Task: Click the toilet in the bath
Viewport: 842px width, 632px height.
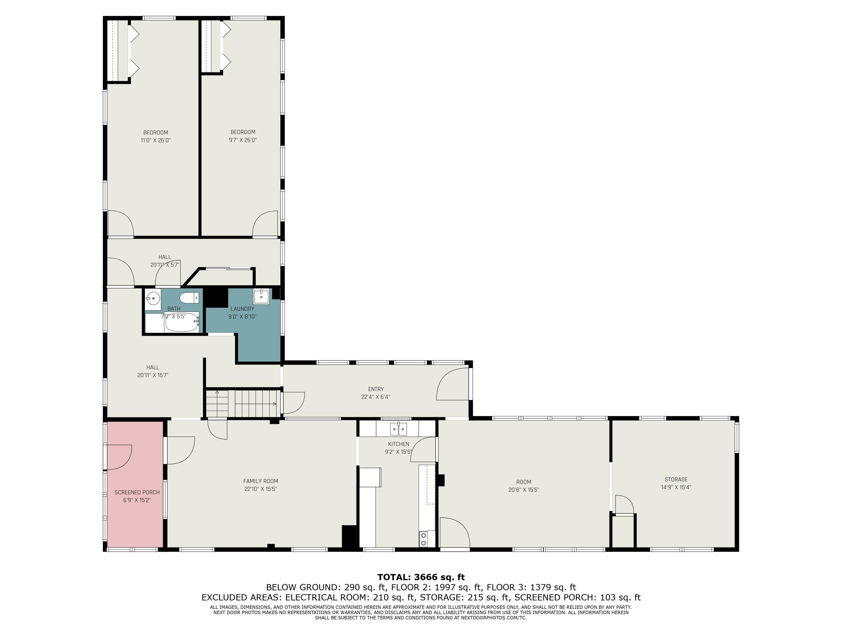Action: (189, 297)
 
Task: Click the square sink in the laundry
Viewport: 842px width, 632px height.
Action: (261, 296)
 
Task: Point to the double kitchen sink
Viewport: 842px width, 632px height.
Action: (399, 429)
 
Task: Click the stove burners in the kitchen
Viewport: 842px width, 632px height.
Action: (423, 539)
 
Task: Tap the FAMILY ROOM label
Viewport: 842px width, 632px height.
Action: (261, 481)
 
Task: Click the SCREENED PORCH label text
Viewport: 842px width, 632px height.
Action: (137, 492)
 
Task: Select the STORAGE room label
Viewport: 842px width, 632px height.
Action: (676, 479)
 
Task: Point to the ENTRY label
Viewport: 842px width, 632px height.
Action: (376, 389)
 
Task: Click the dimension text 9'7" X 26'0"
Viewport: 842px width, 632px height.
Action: (243, 140)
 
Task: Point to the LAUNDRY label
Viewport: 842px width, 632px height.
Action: (242, 309)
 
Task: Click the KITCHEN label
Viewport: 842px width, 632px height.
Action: (399, 444)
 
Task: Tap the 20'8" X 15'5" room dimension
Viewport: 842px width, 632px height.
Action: (524, 490)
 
